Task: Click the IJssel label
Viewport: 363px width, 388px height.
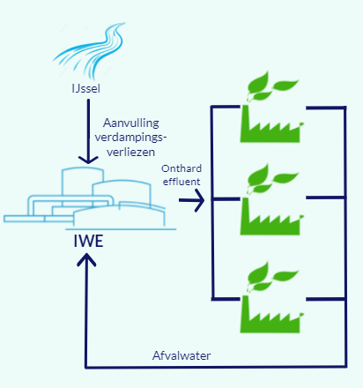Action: [x=85, y=88]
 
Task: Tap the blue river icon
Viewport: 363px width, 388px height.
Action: [x=90, y=50]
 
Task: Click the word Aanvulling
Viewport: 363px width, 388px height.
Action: [x=131, y=123]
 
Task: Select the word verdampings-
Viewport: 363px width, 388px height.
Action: [x=130, y=138]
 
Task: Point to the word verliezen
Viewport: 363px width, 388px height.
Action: [x=130, y=152]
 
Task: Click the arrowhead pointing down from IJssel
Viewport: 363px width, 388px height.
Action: [x=88, y=160]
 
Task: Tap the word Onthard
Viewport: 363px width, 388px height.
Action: [x=181, y=168]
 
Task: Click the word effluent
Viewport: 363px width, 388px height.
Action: [x=181, y=182]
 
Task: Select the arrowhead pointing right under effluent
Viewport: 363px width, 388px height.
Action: [x=199, y=200]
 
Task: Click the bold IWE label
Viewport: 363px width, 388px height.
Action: [x=88, y=241]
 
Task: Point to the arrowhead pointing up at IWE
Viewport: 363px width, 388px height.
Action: [x=86, y=259]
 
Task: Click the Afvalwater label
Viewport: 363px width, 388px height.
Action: [x=181, y=355]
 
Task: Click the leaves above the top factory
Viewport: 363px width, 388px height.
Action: [x=271, y=86]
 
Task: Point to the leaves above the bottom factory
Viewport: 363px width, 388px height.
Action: [x=271, y=277]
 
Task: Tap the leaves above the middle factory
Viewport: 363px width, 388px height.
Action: [x=271, y=179]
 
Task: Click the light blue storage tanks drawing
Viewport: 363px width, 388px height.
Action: [x=90, y=198]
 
